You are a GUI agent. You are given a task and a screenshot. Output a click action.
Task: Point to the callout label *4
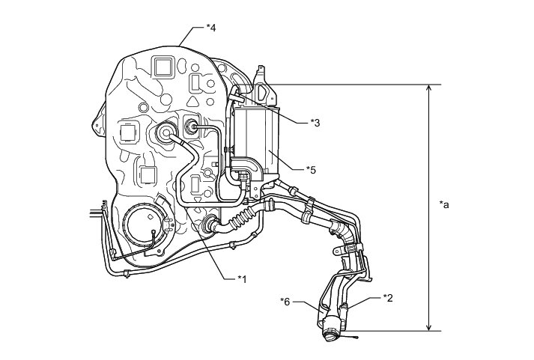coord(211,28)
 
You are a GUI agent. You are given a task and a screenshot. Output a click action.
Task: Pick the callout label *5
coord(312,170)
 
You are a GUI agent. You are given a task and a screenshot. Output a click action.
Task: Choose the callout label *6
coord(285,301)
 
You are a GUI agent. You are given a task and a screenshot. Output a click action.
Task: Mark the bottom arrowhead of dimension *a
coord(428,326)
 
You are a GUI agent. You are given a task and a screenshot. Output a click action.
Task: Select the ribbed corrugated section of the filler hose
coord(239,220)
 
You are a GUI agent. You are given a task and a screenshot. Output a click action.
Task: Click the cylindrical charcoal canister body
coord(257,138)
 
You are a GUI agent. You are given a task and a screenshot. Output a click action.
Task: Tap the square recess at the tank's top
coord(162,67)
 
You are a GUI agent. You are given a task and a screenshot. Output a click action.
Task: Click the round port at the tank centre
coord(164,135)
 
